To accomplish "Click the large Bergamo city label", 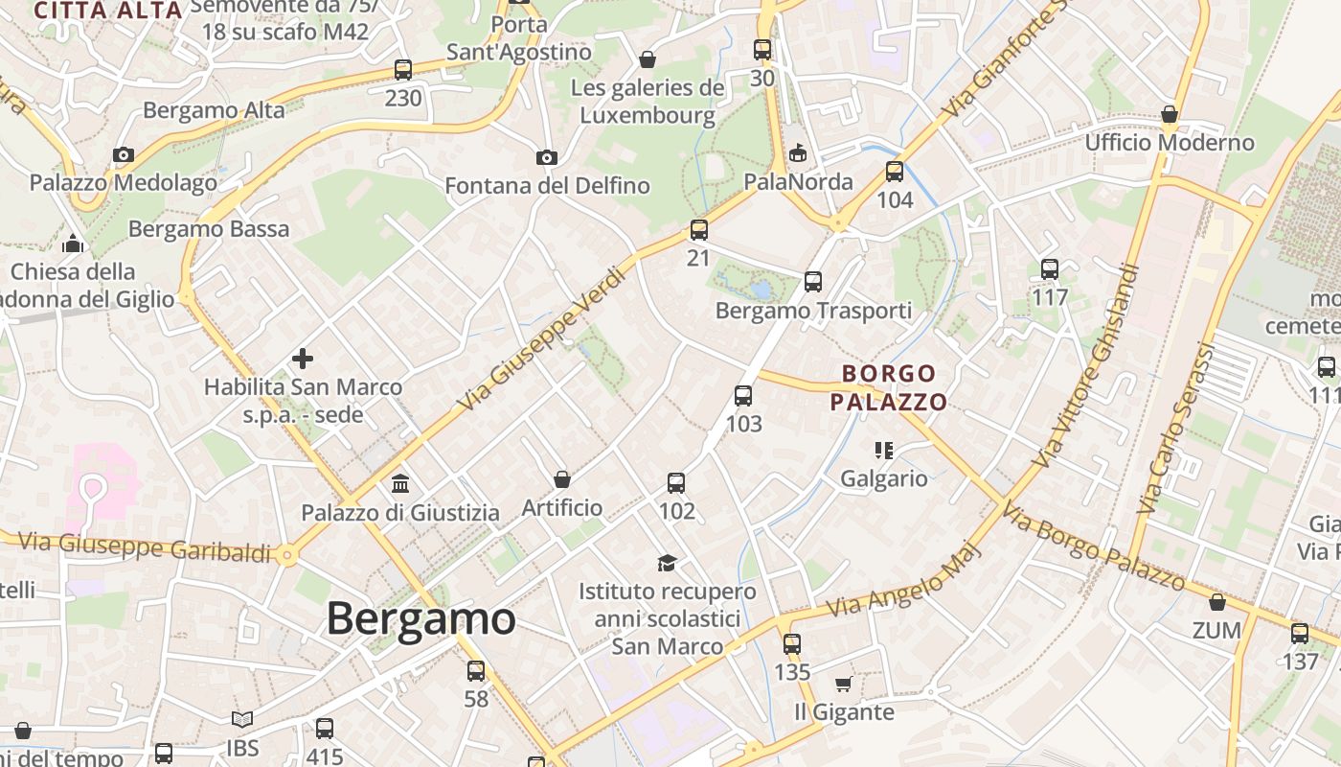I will coord(420,618).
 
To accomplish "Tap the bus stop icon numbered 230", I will coord(403,70).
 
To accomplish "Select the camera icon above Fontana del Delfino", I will coord(546,157).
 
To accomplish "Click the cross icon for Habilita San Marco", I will coord(303,360).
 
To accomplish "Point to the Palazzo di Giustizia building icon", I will coord(400,484).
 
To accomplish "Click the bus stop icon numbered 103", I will coord(743,396).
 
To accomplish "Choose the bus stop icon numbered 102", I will coord(676,483).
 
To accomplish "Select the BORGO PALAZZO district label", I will coord(889,387).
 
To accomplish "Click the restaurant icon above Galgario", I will coord(883,450).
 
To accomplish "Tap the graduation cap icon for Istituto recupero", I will coord(667,563).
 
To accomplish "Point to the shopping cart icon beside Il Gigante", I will coord(843,685).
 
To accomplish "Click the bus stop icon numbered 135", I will coord(791,644).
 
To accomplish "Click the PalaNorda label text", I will coord(798,182).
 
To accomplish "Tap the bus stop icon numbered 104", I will coord(895,172).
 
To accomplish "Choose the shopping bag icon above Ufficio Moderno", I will coord(1170,115).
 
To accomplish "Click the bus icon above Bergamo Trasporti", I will coord(813,282).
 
